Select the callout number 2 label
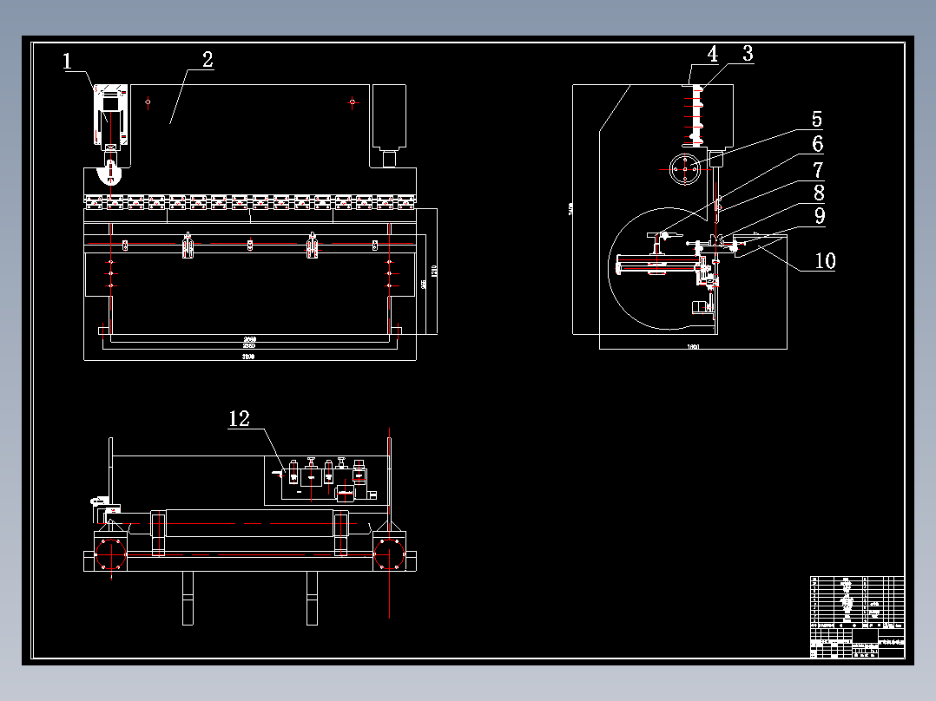point(207,60)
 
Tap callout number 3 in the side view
point(747,54)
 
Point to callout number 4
point(712,54)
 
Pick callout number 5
point(816,119)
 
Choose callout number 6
point(817,144)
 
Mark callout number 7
point(817,169)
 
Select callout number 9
point(818,216)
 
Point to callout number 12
point(239,419)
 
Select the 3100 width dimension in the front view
point(248,357)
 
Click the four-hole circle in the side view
point(685,168)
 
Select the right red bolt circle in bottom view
point(391,554)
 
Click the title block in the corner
point(857,617)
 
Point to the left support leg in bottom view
point(188,598)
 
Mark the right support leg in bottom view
point(312,598)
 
